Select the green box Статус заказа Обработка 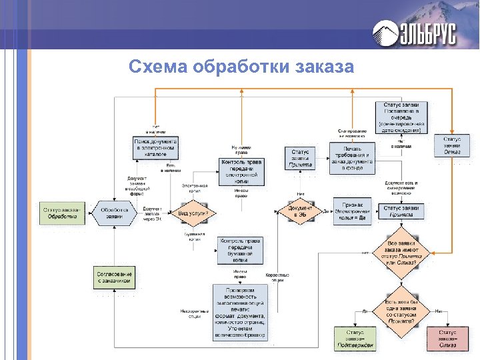[x=62, y=213]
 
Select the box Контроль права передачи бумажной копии [x=241, y=249]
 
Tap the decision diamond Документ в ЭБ [x=301, y=213]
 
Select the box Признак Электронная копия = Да [x=351, y=213]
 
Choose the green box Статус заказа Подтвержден [x=355, y=339]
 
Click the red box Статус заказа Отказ [x=448, y=339]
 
